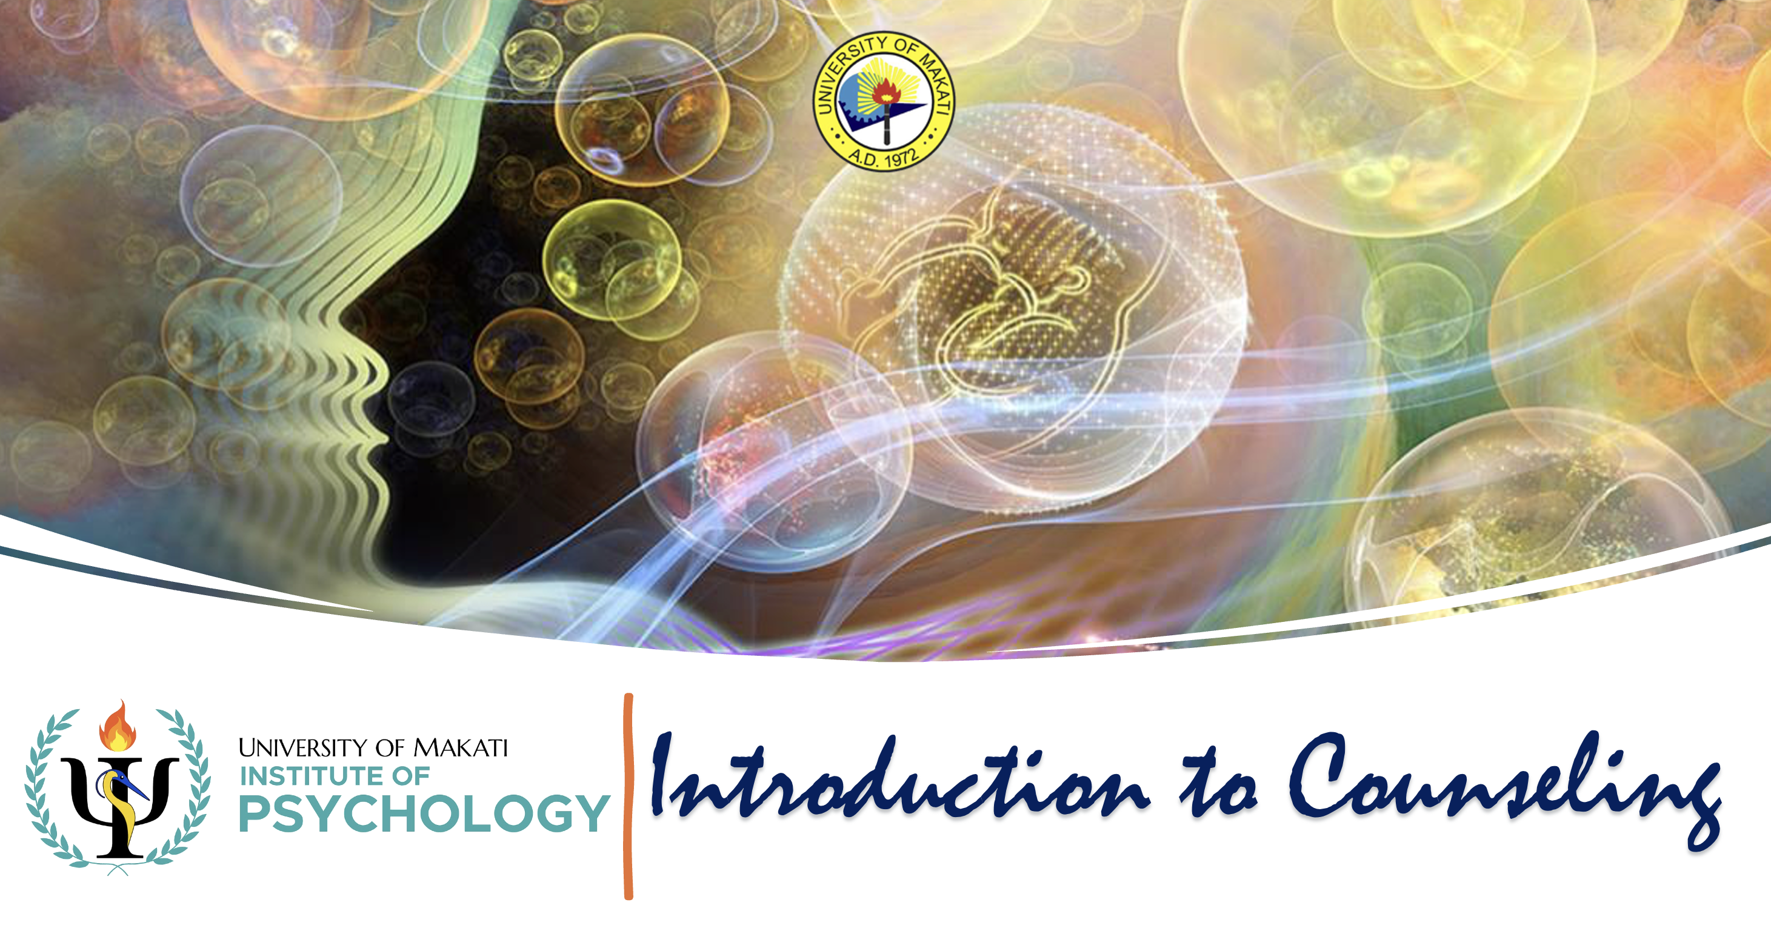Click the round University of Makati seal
884,101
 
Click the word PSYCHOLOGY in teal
424,813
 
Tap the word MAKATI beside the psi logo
460,747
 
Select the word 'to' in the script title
1219,784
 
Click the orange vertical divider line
629,796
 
